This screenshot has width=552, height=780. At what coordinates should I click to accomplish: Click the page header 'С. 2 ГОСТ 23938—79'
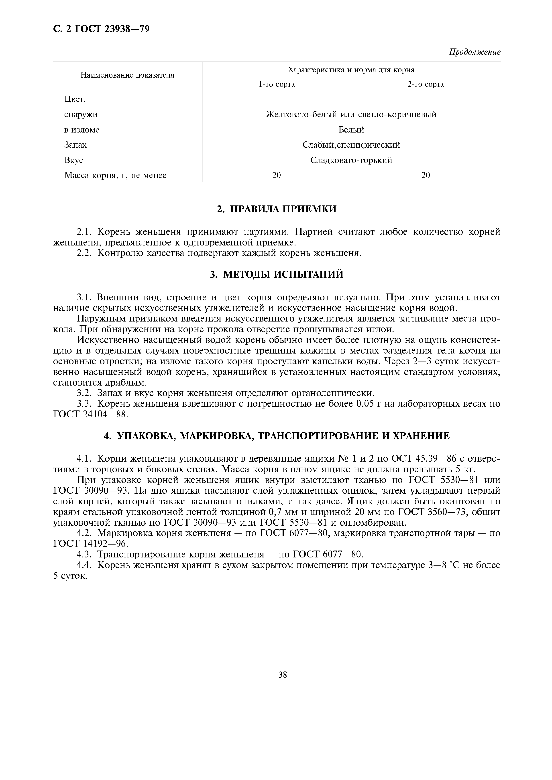click(101, 29)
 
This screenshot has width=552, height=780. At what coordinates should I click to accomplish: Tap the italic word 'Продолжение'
click(475, 52)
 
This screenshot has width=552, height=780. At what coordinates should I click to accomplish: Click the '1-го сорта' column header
click(277, 84)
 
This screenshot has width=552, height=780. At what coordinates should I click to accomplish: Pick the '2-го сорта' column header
click(426, 84)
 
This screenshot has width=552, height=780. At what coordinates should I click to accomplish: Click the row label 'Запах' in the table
click(75, 145)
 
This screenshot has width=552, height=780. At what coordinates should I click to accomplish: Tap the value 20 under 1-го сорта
click(277, 175)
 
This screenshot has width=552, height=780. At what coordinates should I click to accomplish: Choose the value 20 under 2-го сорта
click(426, 175)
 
